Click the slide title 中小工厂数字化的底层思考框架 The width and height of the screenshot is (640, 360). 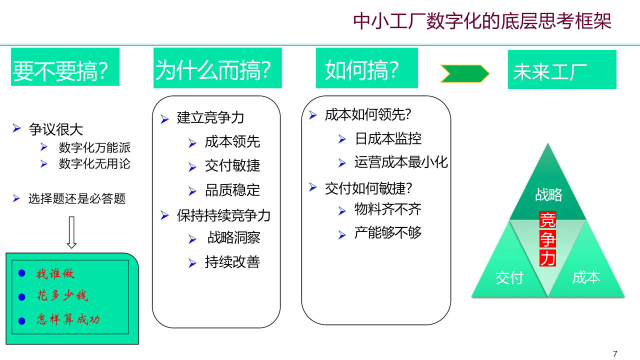click(482, 21)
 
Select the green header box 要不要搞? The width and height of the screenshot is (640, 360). click(65, 67)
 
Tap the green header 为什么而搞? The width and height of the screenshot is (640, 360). click(217, 68)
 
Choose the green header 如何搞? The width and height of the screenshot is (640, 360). click(366, 68)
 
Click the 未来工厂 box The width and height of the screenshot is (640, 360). click(562, 69)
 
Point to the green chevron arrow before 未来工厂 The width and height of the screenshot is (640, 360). click(464, 73)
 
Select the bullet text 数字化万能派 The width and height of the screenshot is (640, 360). click(94, 148)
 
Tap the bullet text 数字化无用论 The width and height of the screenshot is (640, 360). click(94, 164)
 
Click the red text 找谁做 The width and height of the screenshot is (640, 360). click(55, 273)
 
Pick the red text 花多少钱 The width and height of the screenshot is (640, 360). click(62, 295)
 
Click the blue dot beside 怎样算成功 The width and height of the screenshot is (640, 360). click(21, 320)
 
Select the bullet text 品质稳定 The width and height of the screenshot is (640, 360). click(232, 190)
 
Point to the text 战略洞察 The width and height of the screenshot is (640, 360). click(234, 237)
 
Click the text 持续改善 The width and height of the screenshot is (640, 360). click(232, 262)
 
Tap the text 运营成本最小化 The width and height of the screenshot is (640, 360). click(401, 162)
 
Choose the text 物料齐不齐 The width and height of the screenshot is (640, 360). click(388, 209)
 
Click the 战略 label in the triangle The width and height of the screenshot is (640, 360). click(548, 194)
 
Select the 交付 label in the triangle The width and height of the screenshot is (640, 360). click(509, 277)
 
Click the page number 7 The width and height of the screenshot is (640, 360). click(615, 353)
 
